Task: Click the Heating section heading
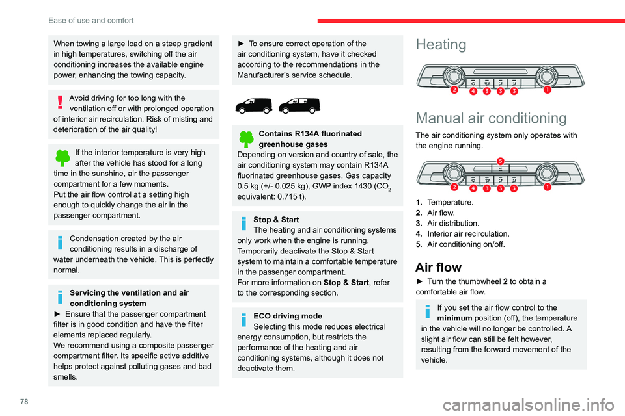[441, 45]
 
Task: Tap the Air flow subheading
[438, 267]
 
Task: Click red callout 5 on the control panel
[500, 161]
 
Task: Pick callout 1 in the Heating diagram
[547, 90]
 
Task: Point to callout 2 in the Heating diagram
[453, 90]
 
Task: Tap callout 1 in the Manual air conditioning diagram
[547, 187]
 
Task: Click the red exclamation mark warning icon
[60, 102]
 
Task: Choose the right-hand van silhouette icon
[301, 104]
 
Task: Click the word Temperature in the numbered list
[451, 203]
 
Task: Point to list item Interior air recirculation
[468, 233]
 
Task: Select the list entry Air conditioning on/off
[468, 244]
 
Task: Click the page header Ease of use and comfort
[91, 20]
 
